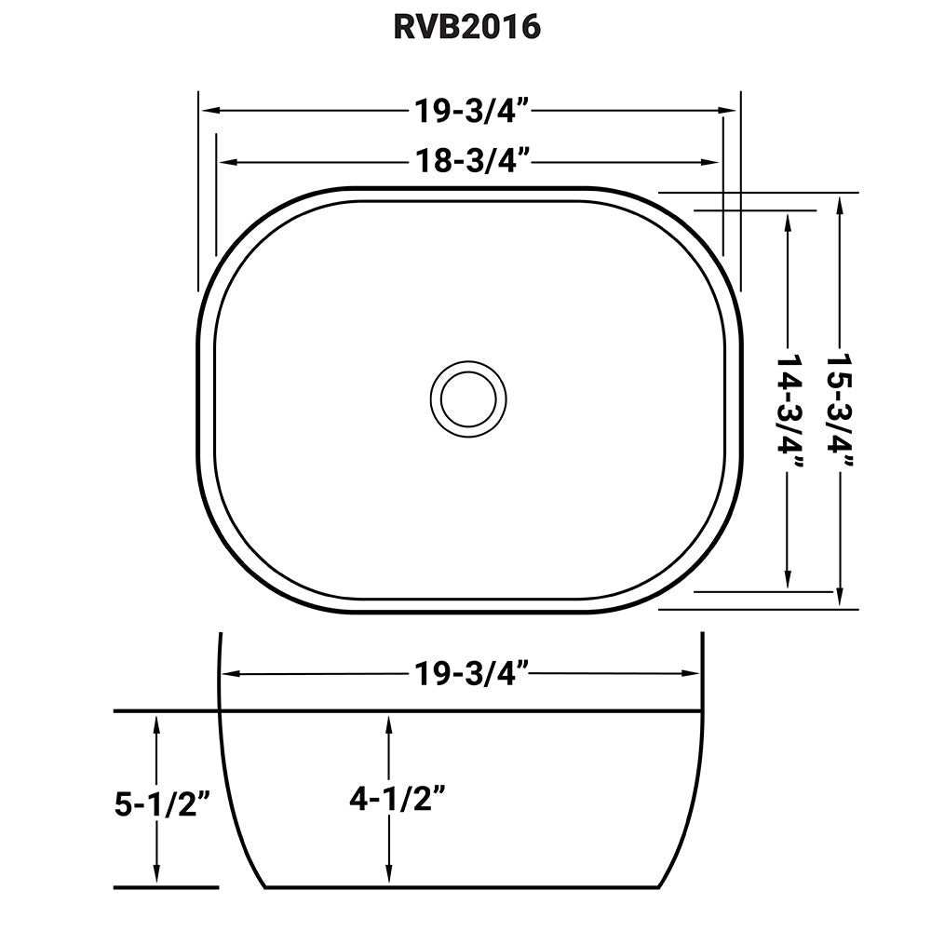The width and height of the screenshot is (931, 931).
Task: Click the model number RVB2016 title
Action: tap(466, 27)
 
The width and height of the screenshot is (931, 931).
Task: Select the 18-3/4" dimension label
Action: tap(473, 161)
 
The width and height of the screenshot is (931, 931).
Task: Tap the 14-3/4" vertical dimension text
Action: tap(789, 400)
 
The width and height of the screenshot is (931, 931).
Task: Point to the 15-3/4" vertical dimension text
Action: tap(841, 400)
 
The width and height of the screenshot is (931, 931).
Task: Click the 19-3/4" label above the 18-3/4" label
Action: tap(473, 111)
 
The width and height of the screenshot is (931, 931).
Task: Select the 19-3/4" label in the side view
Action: tap(473, 672)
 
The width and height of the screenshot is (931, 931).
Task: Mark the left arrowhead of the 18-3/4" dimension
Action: tap(224, 162)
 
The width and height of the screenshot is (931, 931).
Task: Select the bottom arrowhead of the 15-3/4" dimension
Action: tap(841, 600)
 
